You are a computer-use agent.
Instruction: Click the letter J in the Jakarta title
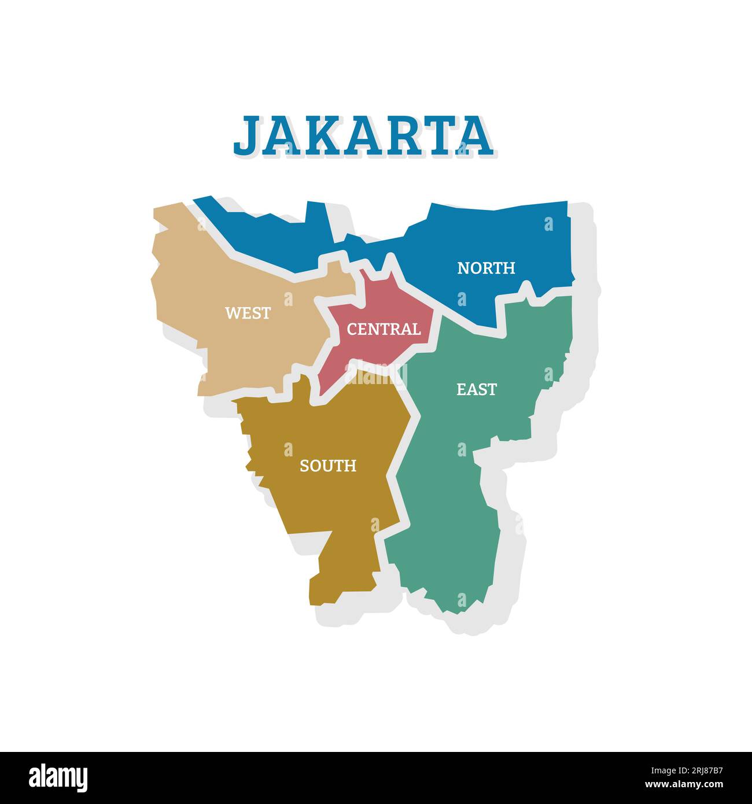point(246,135)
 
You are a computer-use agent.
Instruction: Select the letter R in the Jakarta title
point(408,135)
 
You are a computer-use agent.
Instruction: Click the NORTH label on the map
point(486,268)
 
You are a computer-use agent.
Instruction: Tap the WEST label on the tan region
point(248,313)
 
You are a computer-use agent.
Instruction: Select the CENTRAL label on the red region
point(384,329)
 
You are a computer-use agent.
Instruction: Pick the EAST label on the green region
point(476,389)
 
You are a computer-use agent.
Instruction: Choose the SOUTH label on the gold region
point(327,466)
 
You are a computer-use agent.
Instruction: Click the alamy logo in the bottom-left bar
point(58,777)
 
